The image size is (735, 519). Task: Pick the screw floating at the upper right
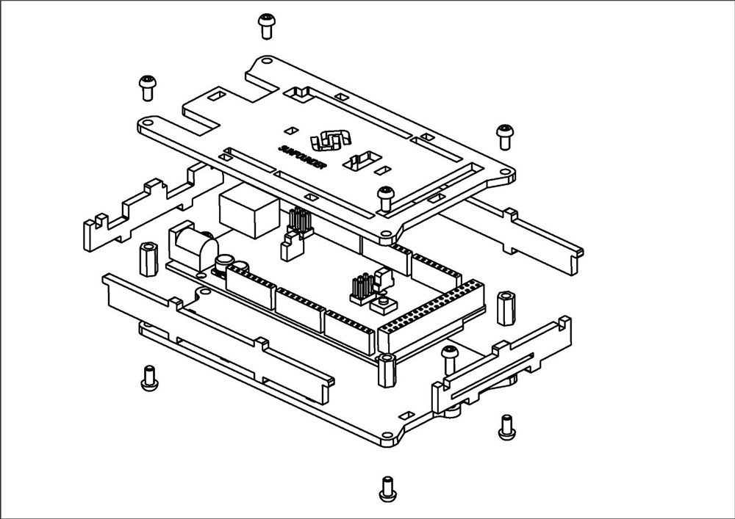click(504, 134)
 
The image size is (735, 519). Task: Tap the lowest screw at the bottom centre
click(386, 488)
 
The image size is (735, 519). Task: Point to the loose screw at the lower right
click(506, 427)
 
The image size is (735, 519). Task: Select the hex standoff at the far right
click(506, 306)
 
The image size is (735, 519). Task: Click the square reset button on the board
click(382, 302)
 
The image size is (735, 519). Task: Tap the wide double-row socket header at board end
click(430, 316)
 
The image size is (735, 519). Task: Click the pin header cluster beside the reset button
click(360, 288)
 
